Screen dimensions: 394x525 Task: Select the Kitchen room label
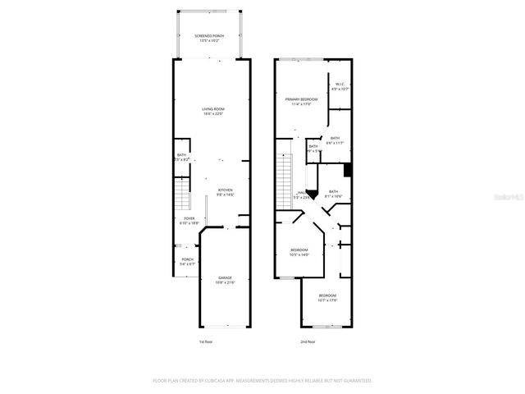(x=226, y=192)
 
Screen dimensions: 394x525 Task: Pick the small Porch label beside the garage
(x=188, y=262)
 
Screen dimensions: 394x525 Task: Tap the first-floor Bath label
(x=182, y=157)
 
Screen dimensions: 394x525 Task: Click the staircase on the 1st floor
(x=182, y=196)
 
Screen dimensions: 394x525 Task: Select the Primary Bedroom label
(x=301, y=101)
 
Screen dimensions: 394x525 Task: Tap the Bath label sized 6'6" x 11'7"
(x=334, y=140)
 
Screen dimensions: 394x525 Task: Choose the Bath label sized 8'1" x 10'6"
(x=333, y=194)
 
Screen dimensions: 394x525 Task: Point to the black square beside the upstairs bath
(x=349, y=171)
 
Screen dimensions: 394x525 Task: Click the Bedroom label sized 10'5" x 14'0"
(x=299, y=252)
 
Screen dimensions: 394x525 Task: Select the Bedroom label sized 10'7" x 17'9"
(x=327, y=297)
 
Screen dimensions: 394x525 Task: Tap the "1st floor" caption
(x=207, y=341)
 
